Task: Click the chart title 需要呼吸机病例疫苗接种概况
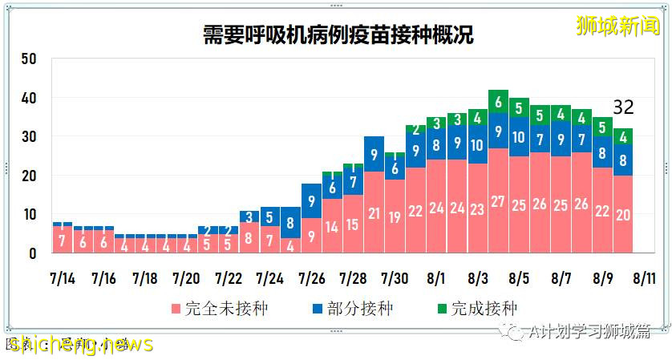336,35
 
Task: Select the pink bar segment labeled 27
498,201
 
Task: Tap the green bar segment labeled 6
498,102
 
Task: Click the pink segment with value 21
374,213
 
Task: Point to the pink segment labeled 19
395,216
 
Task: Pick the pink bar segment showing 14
332,226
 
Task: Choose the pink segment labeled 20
622,214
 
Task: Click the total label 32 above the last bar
624,107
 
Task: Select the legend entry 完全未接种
208,309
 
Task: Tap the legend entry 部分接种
350,309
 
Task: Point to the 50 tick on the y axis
30,59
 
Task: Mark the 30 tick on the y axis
30,137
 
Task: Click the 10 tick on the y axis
30,215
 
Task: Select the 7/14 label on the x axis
62,279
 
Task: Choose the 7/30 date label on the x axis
395,279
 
